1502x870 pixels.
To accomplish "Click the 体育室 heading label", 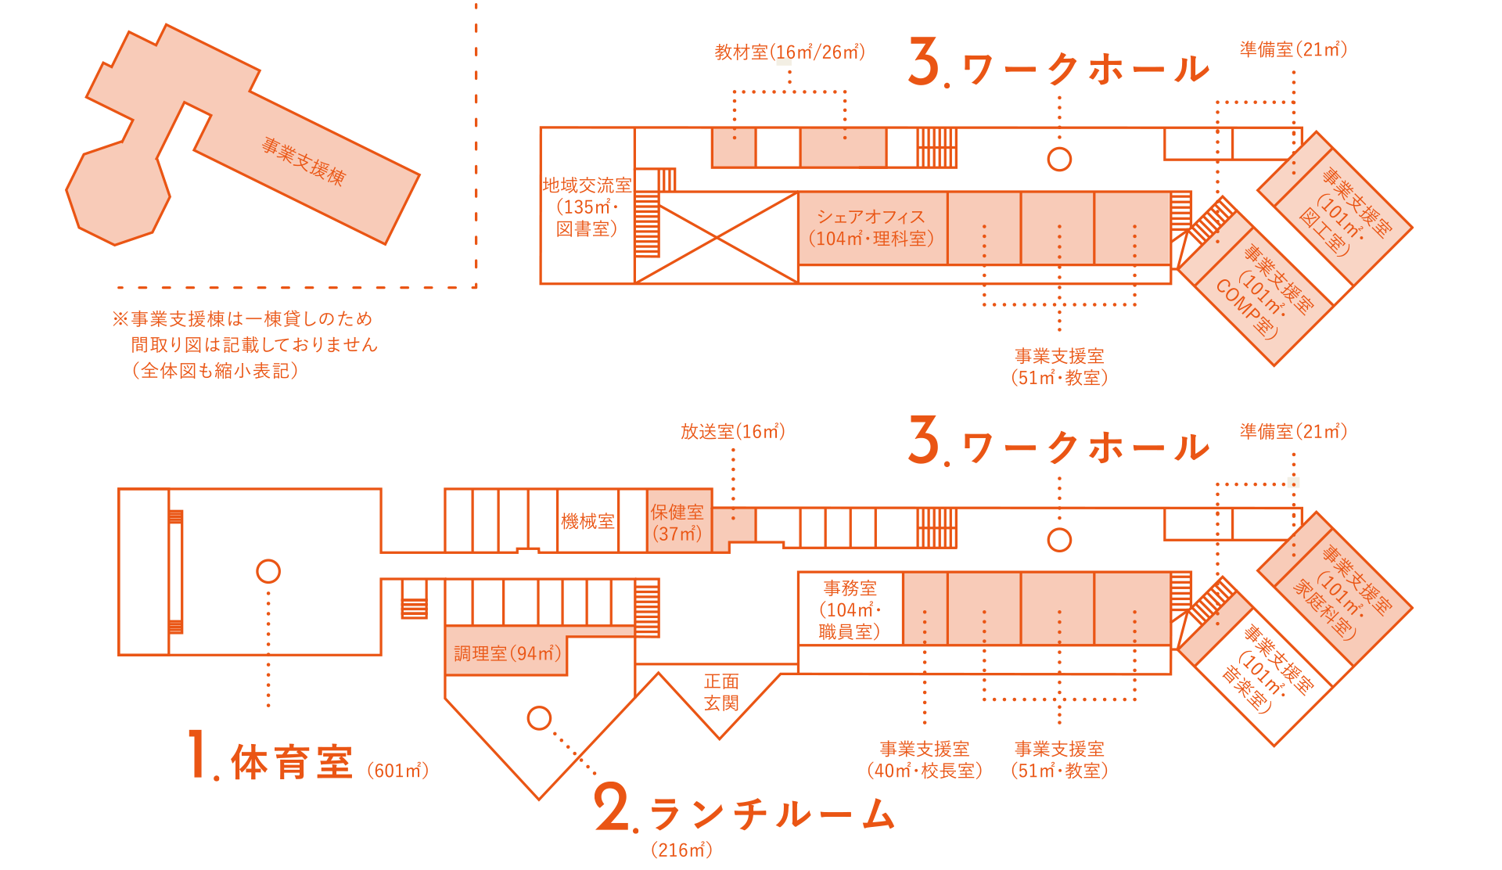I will tap(292, 762).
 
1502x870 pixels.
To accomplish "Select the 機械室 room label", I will tap(588, 522).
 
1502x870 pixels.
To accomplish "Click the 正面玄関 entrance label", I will tap(720, 692).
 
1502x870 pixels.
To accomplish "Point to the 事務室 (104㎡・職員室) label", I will tap(850, 610).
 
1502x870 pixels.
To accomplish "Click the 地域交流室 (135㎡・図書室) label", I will tap(587, 207).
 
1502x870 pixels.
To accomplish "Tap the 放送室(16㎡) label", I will tap(732, 432).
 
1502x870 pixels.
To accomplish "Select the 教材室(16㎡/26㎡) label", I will tap(789, 52).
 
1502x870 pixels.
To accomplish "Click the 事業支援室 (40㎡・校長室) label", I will tap(924, 760).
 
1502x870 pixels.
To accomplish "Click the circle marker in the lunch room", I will tap(539, 718).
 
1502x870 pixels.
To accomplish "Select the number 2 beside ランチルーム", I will tap(613, 808).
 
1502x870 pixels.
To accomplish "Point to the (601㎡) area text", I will tap(397, 771).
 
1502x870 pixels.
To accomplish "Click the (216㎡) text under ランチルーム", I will tap(681, 850).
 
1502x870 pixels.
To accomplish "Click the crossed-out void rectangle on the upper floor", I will tap(717, 238).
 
